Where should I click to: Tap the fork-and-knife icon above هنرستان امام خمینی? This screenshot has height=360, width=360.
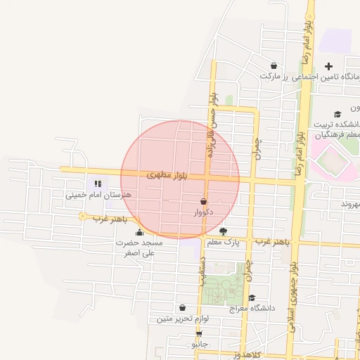(88, 184)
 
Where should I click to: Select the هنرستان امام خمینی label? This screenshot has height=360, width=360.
(88, 195)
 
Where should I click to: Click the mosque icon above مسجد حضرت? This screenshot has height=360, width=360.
(139, 233)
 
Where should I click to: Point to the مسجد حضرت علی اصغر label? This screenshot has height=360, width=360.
(139, 247)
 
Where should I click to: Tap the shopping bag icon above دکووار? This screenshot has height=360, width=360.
(203, 201)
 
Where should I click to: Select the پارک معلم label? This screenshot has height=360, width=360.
(223, 243)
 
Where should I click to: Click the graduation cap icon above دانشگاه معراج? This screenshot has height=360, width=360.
(252, 297)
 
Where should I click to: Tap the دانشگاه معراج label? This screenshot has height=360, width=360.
(252, 308)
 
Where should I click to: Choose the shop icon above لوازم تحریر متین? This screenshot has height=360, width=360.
(183, 307)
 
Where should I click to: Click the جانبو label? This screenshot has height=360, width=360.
(199, 345)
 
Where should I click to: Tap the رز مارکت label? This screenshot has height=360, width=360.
(271, 75)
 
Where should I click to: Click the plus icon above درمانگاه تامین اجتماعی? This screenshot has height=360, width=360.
(328, 66)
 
